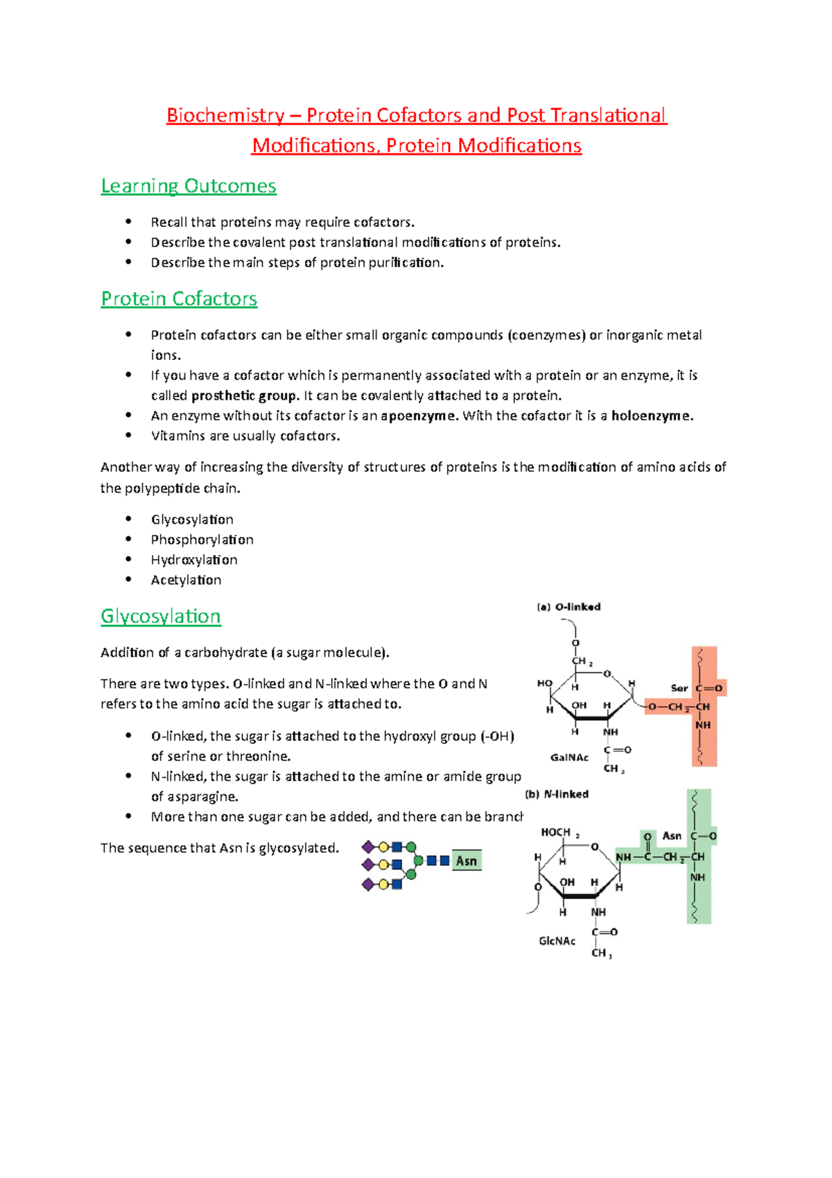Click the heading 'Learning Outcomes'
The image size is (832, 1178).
click(189, 186)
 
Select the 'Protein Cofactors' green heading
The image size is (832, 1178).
click(179, 299)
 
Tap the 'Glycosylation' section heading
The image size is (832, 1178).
click(161, 616)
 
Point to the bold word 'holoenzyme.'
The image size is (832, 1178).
click(652, 416)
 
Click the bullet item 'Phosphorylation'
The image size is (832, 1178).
click(202, 540)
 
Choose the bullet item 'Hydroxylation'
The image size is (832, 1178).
click(194, 560)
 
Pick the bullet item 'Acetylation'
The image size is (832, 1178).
click(186, 580)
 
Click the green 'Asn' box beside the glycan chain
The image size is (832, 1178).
click(467, 861)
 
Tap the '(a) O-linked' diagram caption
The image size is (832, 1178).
click(569, 607)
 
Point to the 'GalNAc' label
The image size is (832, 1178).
click(569, 758)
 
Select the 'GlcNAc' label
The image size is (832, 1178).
click(557, 941)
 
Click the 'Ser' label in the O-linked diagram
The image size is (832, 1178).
click(679, 688)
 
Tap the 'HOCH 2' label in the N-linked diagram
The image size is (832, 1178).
click(560, 833)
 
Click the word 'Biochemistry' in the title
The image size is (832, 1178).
click(225, 115)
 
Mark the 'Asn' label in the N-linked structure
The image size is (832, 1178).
click(672, 836)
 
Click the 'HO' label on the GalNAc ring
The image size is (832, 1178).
click(545, 683)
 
